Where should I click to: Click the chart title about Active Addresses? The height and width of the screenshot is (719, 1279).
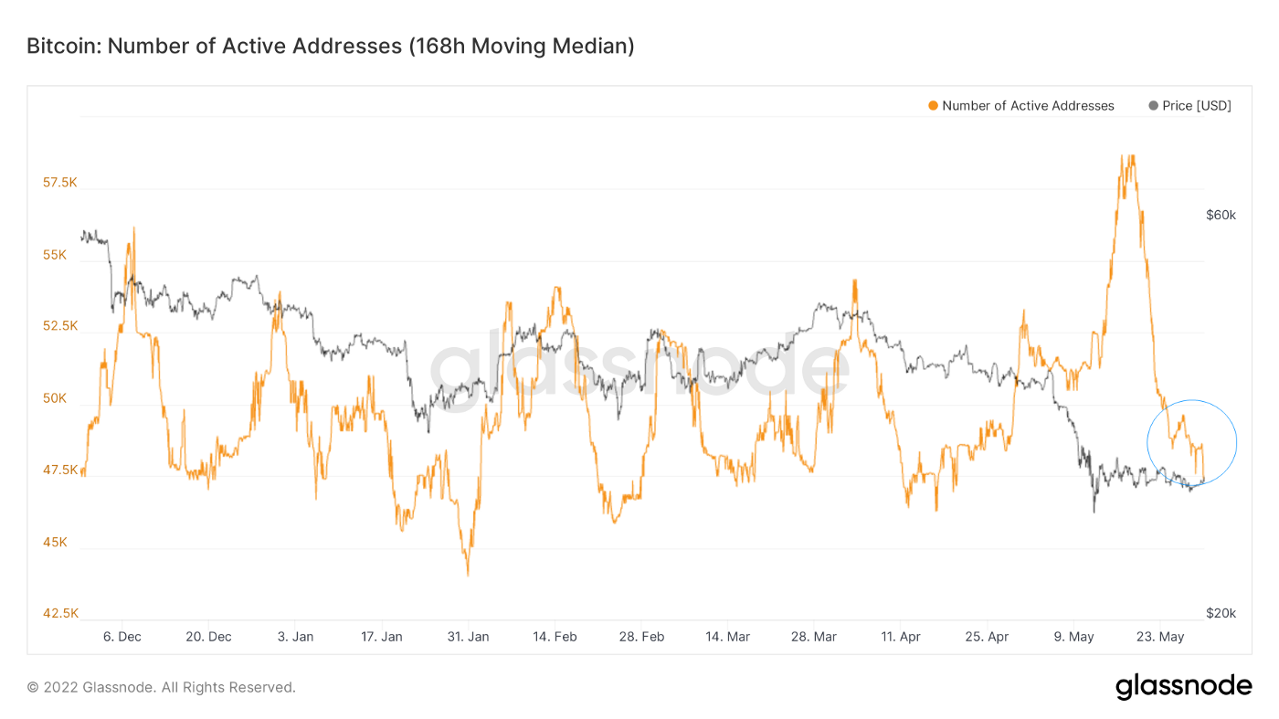pyautogui.click(x=330, y=46)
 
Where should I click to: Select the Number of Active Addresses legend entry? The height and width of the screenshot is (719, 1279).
pyautogui.click(x=1027, y=106)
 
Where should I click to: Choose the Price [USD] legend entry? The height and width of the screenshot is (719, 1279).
pyautogui.click(x=1196, y=106)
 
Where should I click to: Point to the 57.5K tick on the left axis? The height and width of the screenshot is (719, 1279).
pyautogui.click(x=60, y=183)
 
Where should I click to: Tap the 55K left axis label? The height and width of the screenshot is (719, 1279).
pyautogui.click(x=54, y=255)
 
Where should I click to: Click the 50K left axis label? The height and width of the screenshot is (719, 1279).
pyautogui.click(x=54, y=398)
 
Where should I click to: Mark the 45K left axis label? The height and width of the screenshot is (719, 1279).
pyautogui.click(x=54, y=542)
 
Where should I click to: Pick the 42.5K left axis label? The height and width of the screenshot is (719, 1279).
pyautogui.click(x=60, y=613)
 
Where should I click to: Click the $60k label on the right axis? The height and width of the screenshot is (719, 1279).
pyautogui.click(x=1221, y=216)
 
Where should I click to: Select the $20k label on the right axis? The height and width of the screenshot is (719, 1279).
pyautogui.click(x=1221, y=613)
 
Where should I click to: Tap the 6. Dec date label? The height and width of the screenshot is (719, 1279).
pyautogui.click(x=122, y=637)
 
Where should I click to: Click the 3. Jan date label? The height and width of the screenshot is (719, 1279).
pyautogui.click(x=295, y=637)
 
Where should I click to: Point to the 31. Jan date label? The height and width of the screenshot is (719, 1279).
pyautogui.click(x=467, y=637)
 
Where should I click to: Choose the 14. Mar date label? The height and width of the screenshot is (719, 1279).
pyautogui.click(x=727, y=637)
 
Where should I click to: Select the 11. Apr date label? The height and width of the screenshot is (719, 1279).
pyautogui.click(x=901, y=637)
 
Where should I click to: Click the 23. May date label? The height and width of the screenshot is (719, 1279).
pyautogui.click(x=1159, y=637)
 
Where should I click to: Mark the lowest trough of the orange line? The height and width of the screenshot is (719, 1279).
pyautogui.click(x=468, y=575)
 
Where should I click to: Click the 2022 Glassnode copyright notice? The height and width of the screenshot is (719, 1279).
pyautogui.click(x=161, y=687)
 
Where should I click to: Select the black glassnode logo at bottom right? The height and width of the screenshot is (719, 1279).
pyautogui.click(x=1183, y=686)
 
